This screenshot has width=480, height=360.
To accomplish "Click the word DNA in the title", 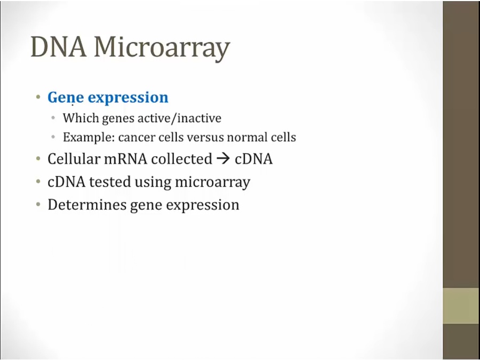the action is click(x=59, y=46).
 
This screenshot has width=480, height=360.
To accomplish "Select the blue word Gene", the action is click(x=66, y=98).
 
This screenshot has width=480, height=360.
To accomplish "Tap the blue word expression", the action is click(x=128, y=98).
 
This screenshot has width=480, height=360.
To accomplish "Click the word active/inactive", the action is click(x=179, y=118).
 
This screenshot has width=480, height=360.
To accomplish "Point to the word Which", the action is click(x=81, y=118).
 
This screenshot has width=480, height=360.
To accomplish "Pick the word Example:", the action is click(x=89, y=138).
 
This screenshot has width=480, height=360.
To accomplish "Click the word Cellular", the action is click(x=74, y=159).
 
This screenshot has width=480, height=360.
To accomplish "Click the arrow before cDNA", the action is click(x=223, y=159).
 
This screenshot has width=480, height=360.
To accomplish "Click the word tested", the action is click(x=110, y=182).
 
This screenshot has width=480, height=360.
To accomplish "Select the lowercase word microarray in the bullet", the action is click(x=212, y=182).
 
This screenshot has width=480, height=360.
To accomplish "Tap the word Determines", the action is click(x=87, y=204).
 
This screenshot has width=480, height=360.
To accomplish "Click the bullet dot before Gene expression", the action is click(x=38, y=98).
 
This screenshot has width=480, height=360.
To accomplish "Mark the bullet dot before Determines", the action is click(x=38, y=204).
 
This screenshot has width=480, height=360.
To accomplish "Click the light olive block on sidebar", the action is click(x=461, y=306).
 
